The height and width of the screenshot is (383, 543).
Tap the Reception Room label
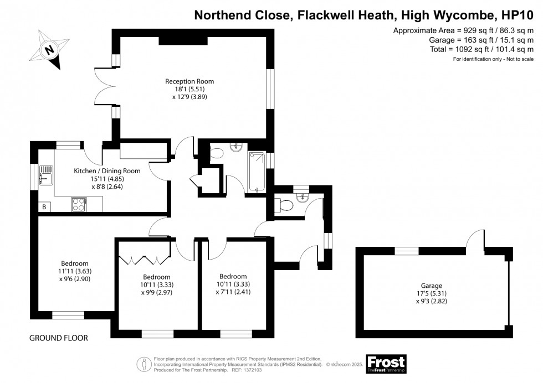point(189,81)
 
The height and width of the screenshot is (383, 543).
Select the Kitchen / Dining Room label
point(107,171)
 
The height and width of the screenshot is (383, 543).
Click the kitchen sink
point(46,178)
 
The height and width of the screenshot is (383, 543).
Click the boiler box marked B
point(44,207)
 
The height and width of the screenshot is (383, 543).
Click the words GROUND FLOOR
point(58,338)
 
